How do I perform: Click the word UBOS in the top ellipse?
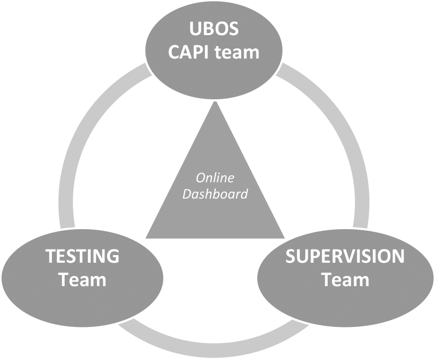click(x=214, y=29)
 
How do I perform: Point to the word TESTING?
click(x=82, y=256)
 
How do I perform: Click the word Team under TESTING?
click(x=82, y=280)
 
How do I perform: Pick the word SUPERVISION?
click(x=345, y=256)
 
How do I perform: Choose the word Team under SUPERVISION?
click(x=345, y=280)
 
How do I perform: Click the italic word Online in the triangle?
click(x=215, y=178)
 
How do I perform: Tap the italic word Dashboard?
click(x=215, y=193)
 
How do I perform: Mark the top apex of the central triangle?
click(x=215, y=101)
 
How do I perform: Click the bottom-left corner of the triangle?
click(x=146, y=238)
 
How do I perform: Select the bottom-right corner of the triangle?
click(x=285, y=238)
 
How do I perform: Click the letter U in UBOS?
click(x=195, y=29)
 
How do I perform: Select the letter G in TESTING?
click(x=113, y=256)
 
